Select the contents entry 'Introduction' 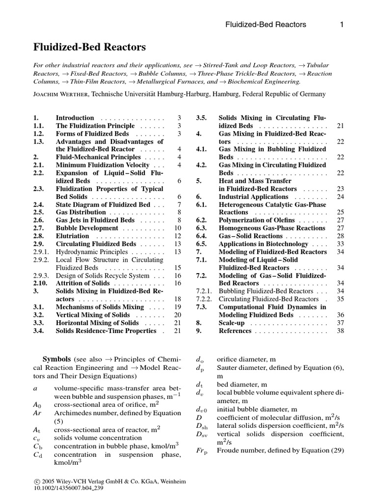pos(75,118)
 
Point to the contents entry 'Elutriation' pos(72,236)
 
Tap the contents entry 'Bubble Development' pos(86,228)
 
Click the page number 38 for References pos(340,331)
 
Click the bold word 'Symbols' pos(57,359)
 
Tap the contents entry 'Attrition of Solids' pos(83,283)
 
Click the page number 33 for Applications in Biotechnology pos(340,244)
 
